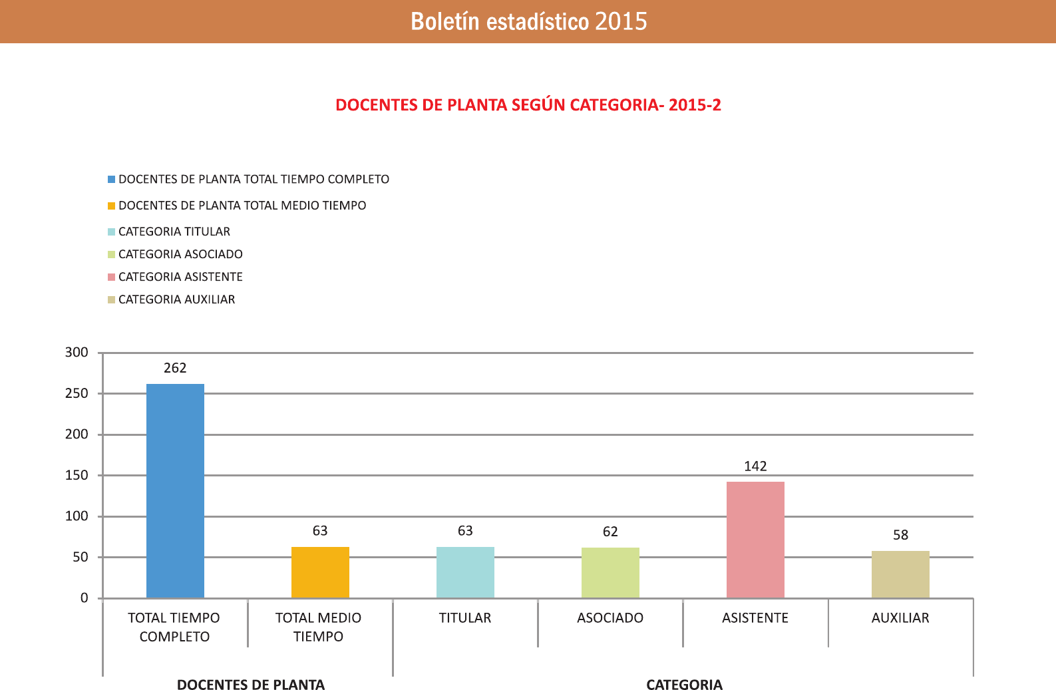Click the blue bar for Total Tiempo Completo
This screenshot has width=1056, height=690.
[x=175, y=490]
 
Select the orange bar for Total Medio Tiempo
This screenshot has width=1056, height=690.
[x=320, y=572]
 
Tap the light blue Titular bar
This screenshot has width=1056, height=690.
[x=465, y=572]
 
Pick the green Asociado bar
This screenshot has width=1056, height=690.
[x=610, y=572]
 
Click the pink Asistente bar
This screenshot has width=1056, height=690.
[x=755, y=539]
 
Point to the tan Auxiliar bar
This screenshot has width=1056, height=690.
[x=900, y=574]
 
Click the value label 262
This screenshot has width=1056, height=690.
[x=175, y=368]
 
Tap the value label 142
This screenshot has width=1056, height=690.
[x=755, y=466]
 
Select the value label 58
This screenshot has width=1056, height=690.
[x=900, y=535]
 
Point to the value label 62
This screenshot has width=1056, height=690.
[x=610, y=532]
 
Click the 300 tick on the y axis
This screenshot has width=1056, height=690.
[x=77, y=353]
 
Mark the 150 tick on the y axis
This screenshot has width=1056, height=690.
[x=77, y=475]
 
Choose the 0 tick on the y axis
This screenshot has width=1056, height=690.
[x=84, y=598]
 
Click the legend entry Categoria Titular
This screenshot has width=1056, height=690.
[x=174, y=232]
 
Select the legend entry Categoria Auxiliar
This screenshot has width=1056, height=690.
[x=176, y=299]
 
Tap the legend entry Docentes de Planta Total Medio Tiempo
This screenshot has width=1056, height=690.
[x=242, y=206]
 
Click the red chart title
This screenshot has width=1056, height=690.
[x=528, y=105]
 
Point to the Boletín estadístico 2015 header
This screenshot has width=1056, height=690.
[x=528, y=21]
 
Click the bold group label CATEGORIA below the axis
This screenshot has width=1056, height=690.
[x=684, y=685]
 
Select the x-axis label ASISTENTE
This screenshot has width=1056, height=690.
[x=755, y=618]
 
